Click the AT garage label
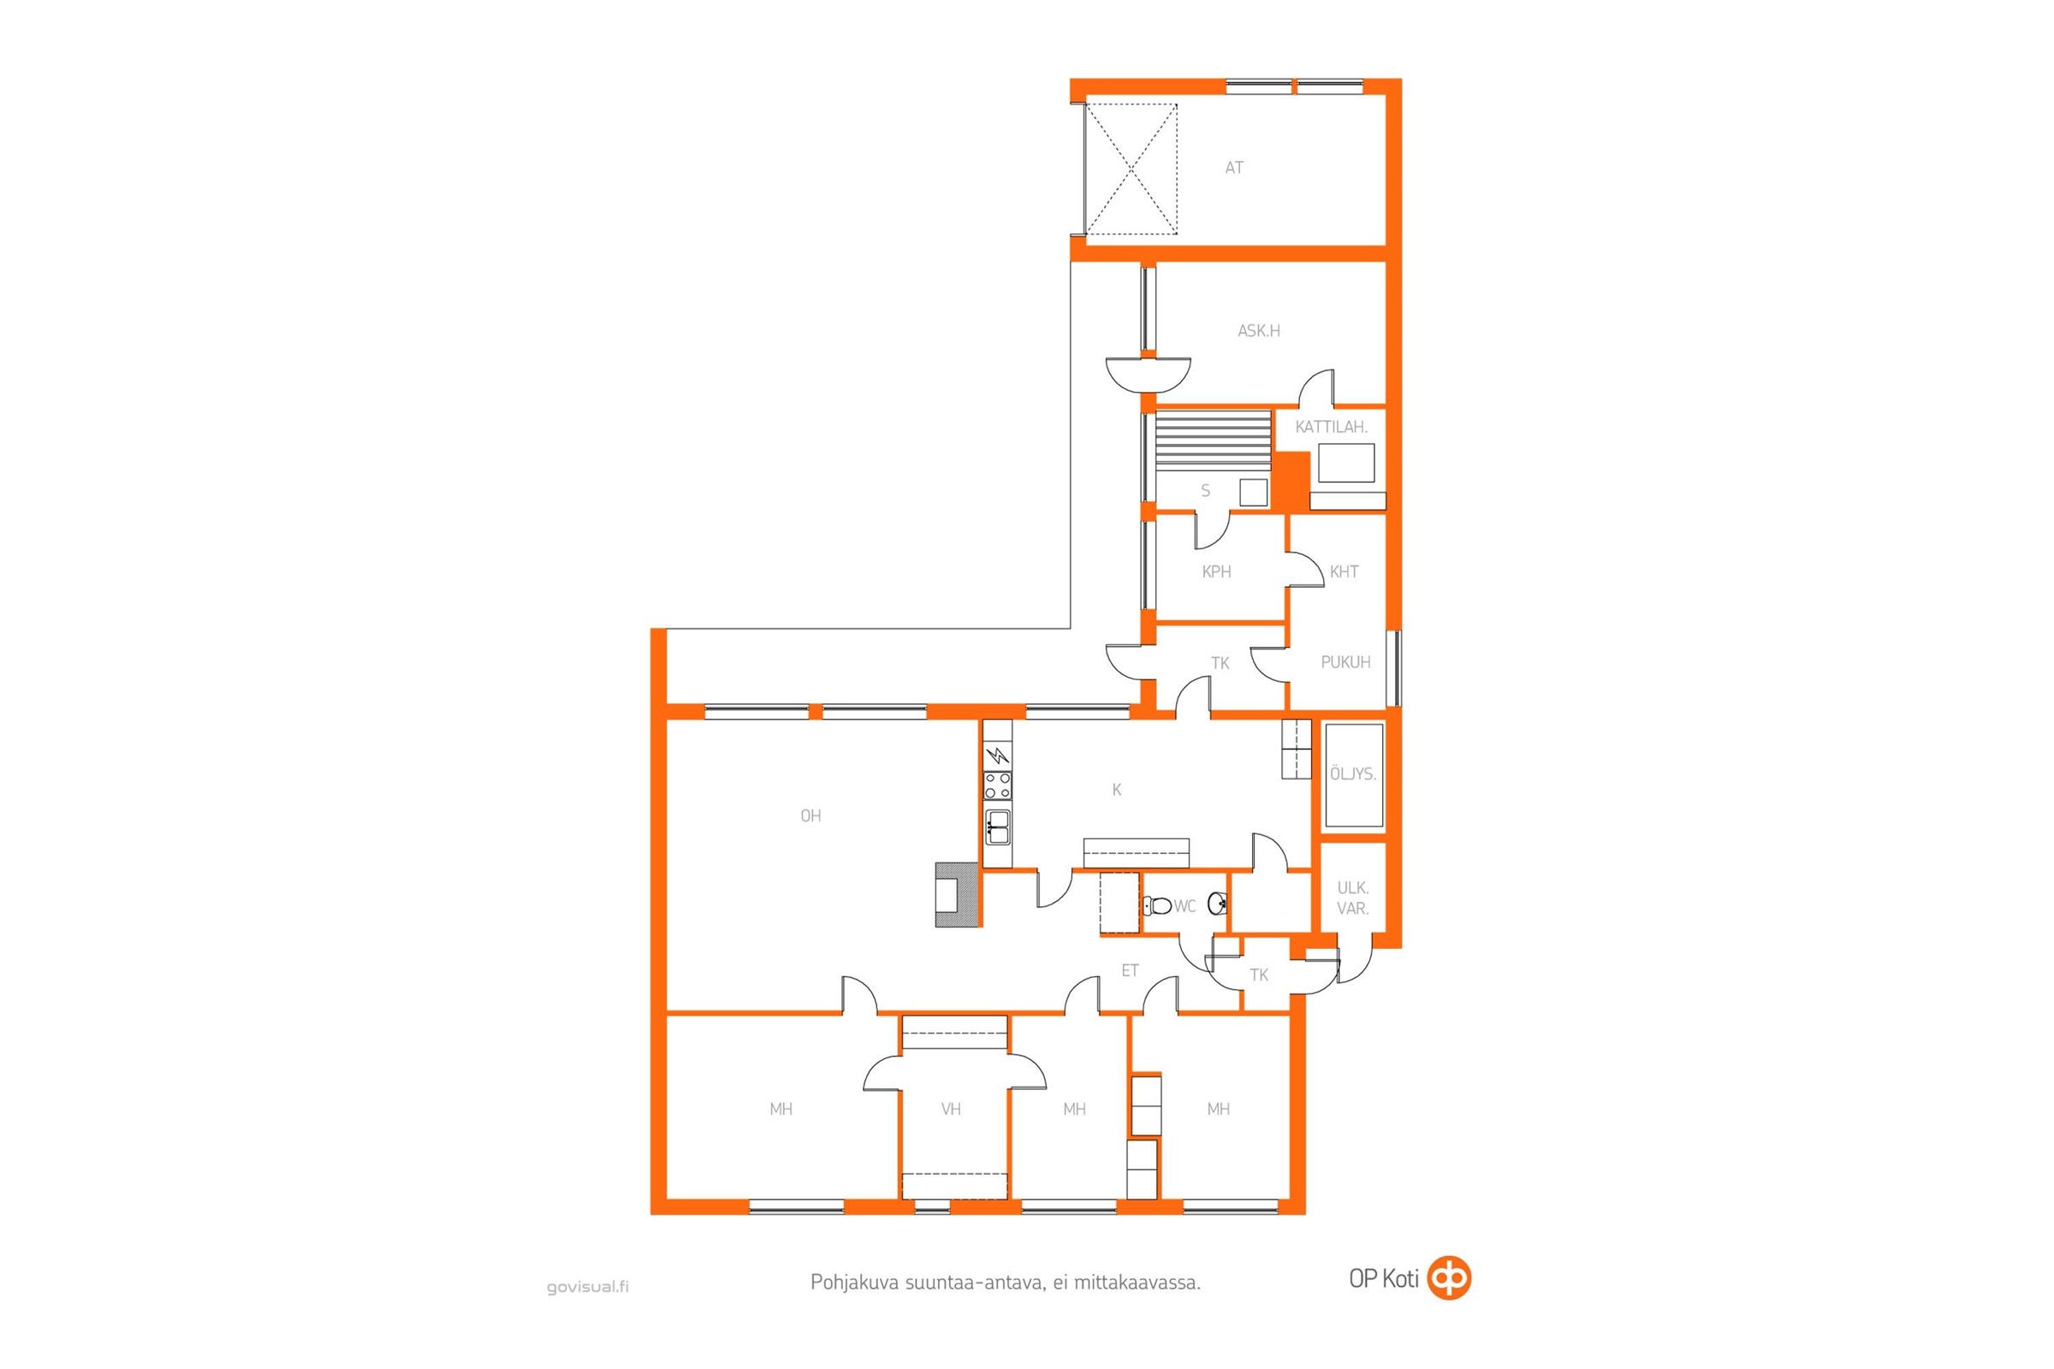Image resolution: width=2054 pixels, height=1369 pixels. coord(1233,168)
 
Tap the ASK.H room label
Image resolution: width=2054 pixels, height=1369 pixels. coord(1258,331)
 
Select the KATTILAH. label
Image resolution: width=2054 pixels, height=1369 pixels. coord(1330,427)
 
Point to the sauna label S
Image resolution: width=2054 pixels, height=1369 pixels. coord(1205,490)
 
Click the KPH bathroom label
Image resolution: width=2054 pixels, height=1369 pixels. coord(1216,572)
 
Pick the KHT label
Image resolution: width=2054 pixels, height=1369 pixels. coord(1344,572)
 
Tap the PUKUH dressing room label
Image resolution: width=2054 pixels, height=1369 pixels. coord(1345,661)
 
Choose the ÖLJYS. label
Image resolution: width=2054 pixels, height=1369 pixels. coord(1353,773)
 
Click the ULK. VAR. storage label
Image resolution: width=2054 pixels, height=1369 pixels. coord(1353,898)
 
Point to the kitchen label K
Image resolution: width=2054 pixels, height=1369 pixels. coord(1116,789)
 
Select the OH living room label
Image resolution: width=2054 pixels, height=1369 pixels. coord(810,815)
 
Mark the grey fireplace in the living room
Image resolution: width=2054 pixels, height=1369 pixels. coord(957,894)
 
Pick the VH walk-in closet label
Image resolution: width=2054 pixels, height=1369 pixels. coord(951,1109)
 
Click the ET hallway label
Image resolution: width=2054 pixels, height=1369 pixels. coord(1129,970)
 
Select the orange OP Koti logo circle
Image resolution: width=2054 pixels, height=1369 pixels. coord(1449,1278)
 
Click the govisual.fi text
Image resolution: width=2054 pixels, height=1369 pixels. coord(587,1286)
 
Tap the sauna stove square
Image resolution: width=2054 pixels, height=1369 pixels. coord(1253,493)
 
